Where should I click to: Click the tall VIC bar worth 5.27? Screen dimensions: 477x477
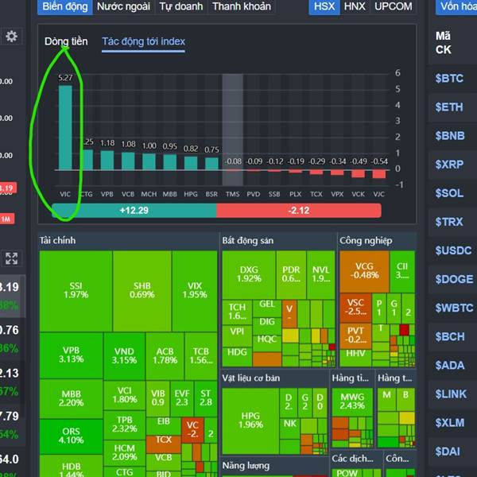point(65,127)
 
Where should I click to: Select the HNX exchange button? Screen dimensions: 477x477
point(355,6)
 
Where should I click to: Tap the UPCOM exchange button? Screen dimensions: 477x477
point(394,6)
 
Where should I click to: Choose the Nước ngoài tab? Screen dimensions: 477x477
point(123,6)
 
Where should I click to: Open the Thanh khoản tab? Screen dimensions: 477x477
point(242,6)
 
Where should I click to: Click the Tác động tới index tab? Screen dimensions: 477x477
point(144,41)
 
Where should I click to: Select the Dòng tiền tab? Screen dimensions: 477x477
point(66,41)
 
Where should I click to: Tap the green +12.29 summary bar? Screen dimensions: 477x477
point(134,210)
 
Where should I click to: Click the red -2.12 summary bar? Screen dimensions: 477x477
point(298,210)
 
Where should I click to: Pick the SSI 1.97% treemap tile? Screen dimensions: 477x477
point(76,290)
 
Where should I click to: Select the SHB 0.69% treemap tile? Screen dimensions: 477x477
point(143,290)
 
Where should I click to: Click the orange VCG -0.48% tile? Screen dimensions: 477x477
point(365,270)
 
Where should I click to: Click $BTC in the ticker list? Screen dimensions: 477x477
point(448,79)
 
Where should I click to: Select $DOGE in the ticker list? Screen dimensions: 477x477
point(453,279)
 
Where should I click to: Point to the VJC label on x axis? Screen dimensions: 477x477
point(378,193)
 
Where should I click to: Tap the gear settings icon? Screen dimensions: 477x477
point(11,37)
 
